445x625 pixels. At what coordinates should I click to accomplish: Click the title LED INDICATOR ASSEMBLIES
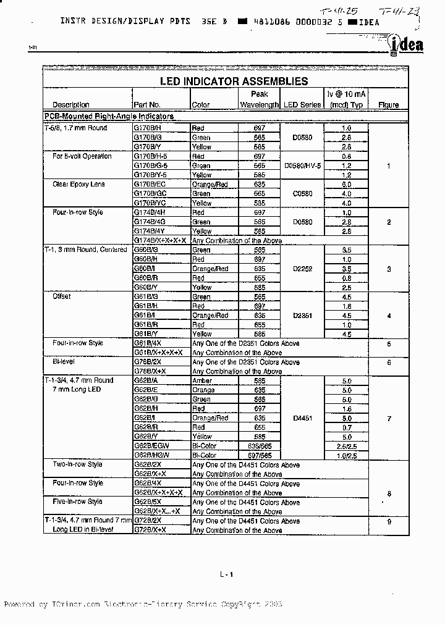226,81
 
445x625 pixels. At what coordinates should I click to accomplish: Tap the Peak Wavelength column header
259,99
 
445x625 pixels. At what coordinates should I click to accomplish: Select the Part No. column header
146,105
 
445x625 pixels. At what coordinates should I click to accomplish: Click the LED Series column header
302,105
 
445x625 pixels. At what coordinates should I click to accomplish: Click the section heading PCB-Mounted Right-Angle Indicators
109,116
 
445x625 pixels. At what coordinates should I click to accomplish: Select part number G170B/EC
150,184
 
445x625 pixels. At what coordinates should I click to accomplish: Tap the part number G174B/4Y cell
150,231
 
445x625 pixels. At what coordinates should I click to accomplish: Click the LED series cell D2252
302,269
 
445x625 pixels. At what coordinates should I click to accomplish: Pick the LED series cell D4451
302,418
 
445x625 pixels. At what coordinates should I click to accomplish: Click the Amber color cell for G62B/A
202,380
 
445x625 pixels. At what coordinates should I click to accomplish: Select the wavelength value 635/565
259,446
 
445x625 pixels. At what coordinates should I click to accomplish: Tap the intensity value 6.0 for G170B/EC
346,184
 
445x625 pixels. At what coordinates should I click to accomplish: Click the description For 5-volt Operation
82,156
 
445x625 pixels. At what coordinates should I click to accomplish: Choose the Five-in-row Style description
77,501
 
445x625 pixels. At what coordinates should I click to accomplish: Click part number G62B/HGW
152,455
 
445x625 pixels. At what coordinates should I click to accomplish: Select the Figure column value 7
389,419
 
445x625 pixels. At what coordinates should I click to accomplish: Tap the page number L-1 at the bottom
226,575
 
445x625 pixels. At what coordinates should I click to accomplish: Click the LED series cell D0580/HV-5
302,166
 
